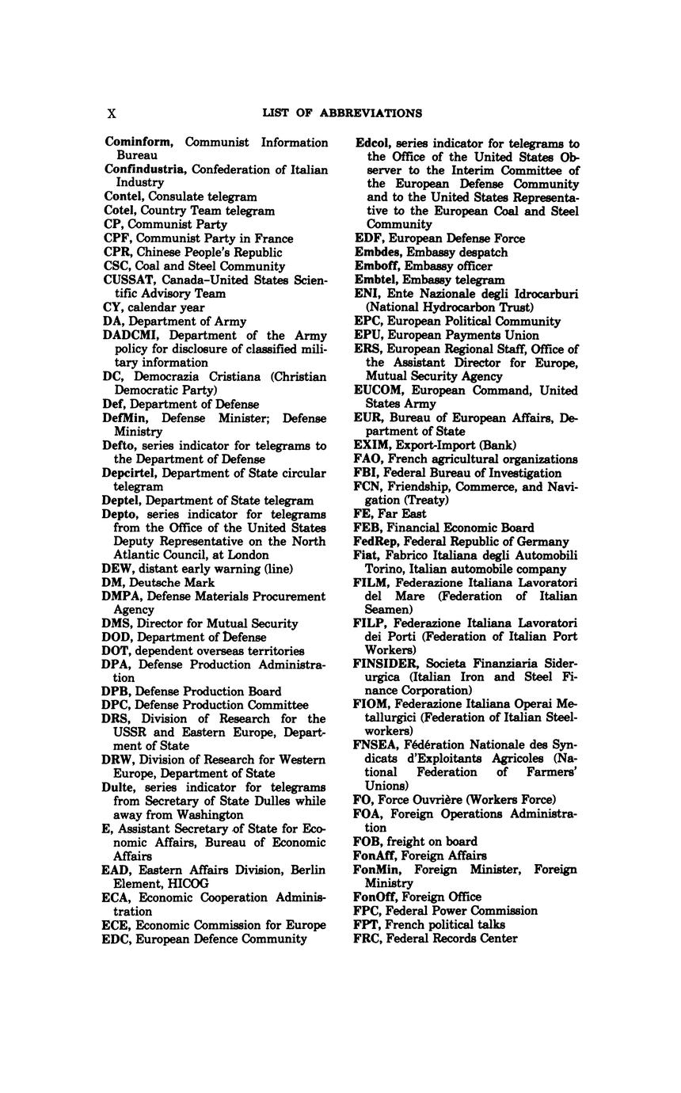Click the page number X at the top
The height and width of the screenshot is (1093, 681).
click(112, 113)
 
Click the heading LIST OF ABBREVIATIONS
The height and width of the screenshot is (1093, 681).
click(342, 113)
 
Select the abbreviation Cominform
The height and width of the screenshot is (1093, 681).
click(139, 143)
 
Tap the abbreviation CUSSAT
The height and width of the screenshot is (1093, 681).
click(129, 280)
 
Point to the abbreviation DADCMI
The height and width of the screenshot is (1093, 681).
click(131, 335)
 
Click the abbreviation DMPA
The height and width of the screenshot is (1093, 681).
click(123, 596)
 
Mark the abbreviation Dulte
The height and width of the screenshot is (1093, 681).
click(121, 787)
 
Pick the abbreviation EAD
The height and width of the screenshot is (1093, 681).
click(117, 870)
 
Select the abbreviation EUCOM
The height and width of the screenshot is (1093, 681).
click(376, 390)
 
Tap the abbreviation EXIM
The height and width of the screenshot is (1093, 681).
click(369, 445)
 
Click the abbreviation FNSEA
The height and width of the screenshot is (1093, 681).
click(375, 745)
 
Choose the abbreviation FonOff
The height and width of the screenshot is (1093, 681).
click(376, 897)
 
